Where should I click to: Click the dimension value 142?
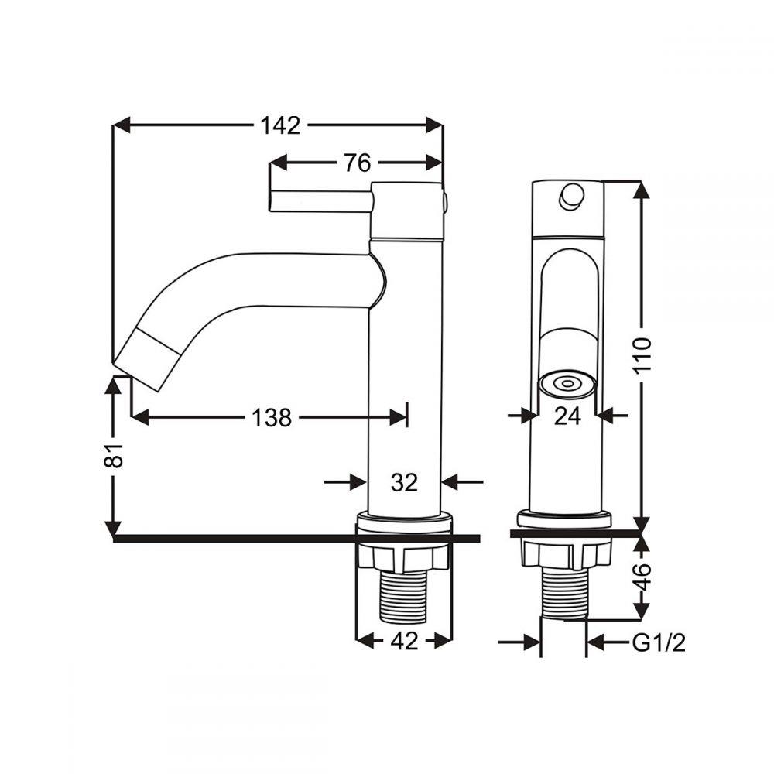[280, 125]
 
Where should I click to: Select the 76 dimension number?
[358, 163]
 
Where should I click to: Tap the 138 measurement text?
[272, 418]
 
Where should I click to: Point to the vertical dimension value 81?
[114, 454]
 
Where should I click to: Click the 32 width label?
[404, 481]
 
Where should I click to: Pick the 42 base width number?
[404, 641]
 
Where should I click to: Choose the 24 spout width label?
[567, 416]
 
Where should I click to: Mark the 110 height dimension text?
[642, 356]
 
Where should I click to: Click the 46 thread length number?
[642, 576]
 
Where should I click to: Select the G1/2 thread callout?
[659, 642]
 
